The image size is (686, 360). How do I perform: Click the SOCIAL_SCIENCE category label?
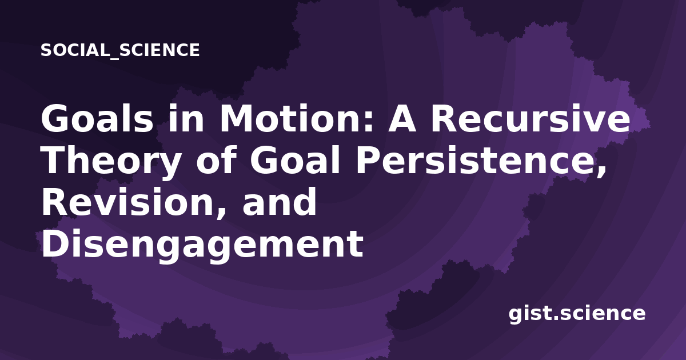point(120,50)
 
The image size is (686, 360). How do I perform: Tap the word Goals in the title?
point(97,119)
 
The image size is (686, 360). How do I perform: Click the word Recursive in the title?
point(531,119)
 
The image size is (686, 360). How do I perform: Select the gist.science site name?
point(577,314)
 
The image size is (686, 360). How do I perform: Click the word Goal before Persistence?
point(294,161)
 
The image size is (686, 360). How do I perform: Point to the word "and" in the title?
point(280,202)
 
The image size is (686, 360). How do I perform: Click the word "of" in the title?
point(216,161)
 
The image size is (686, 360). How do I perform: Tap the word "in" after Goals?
point(186,119)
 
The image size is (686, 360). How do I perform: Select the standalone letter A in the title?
point(402,119)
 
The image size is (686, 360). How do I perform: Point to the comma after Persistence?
point(601,172)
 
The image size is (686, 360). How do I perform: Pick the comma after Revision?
point(222,214)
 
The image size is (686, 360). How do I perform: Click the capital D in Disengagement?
point(54,243)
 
